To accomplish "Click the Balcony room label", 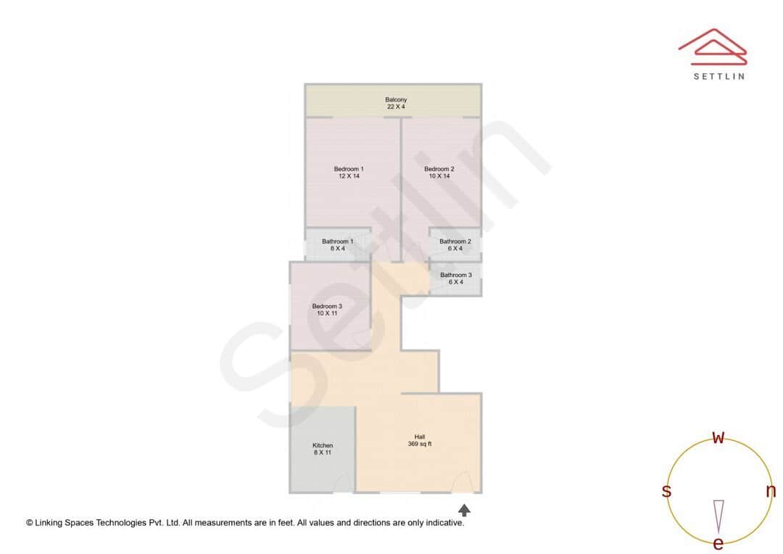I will coord(396,99).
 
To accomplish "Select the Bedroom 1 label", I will coord(349,169).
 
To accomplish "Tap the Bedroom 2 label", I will coord(439,169).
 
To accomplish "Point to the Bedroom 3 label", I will coord(327,306).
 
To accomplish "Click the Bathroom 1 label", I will coord(338,241).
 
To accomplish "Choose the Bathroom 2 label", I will coord(455,241).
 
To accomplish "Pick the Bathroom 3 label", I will coord(456,275).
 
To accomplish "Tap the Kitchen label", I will coord(323,445).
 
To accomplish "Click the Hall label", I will coord(420,437).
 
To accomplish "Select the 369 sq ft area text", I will coord(420,444).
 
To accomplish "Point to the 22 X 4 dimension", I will coord(396,107).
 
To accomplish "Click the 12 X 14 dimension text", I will coord(349,176).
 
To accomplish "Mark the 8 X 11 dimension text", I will coord(323,452).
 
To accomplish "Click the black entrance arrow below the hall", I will coord(464,510).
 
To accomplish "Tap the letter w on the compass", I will coord(718,437).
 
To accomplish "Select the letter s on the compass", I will coord(666,491).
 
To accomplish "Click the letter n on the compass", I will coord(771,491).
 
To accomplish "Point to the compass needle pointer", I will coord(718,515).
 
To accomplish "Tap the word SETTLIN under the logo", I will coord(718,76).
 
